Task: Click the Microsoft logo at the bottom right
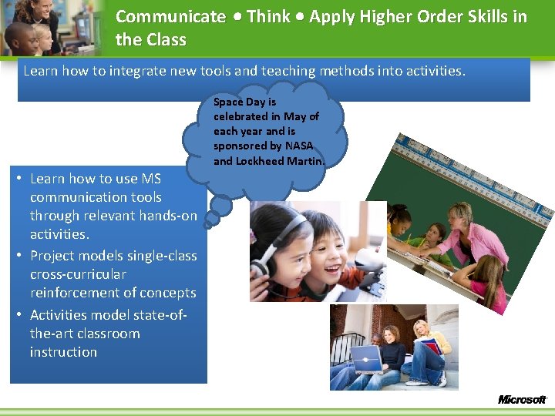tap(521, 399)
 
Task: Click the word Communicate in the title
tap(170, 17)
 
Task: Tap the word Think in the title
tap(268, 17)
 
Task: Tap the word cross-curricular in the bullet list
tap(78, 274)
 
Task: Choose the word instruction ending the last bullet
tap(63, 352)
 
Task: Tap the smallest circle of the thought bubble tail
tap(207, 224)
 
